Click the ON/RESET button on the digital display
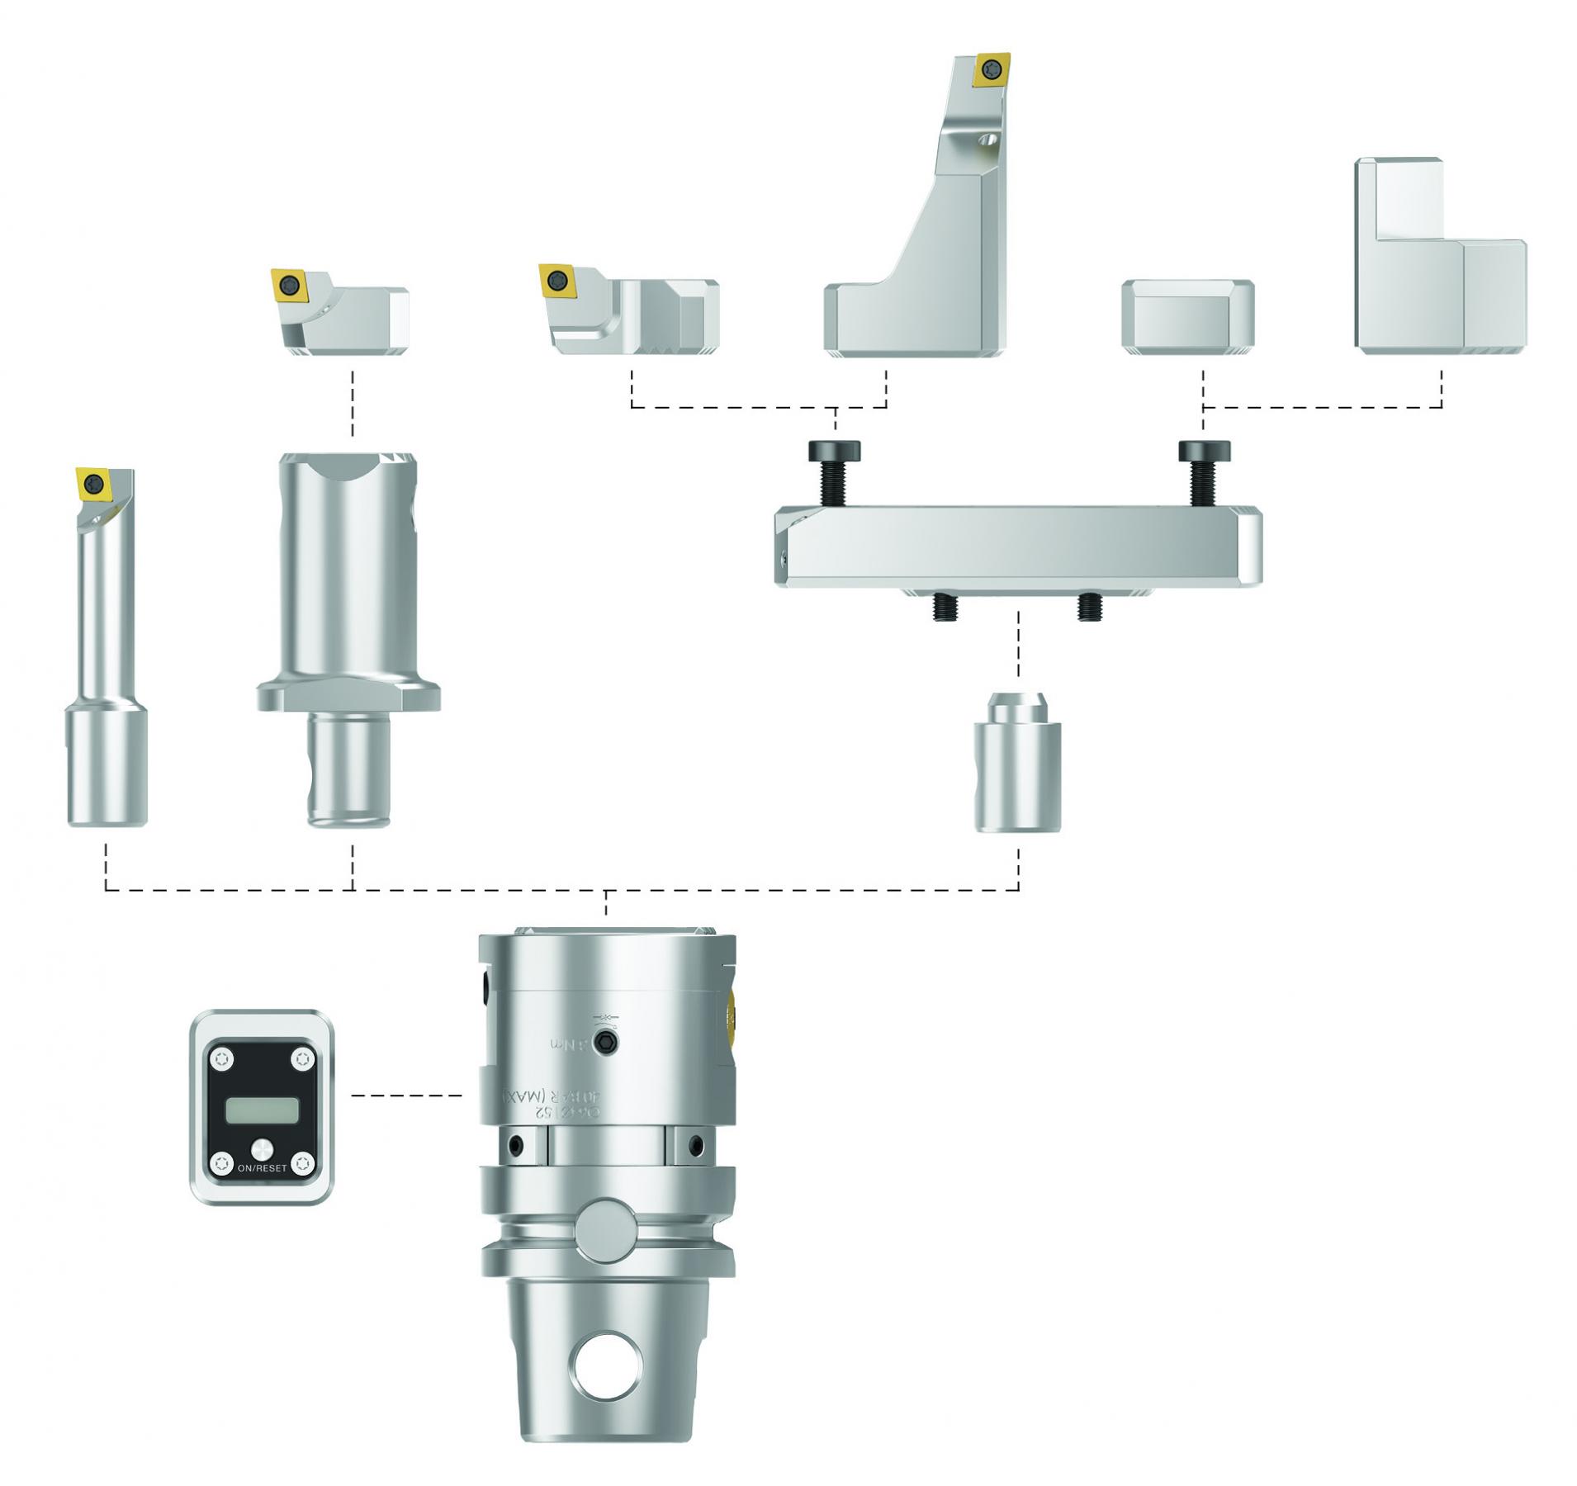(x=262, y=1148)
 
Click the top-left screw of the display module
(x=220, y=1058)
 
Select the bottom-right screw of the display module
(x=303, y=1162)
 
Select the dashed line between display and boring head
(x=406, y=1096)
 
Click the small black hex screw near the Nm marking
(x=609, y=1043)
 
